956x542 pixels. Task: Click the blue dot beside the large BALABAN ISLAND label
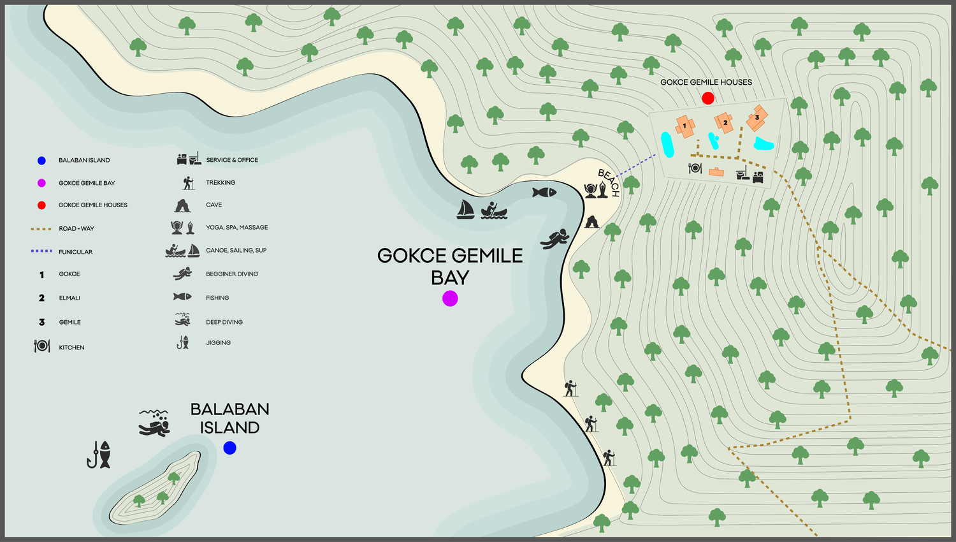tap(230, 448)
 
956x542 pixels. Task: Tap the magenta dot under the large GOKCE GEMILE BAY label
tap(450, 298)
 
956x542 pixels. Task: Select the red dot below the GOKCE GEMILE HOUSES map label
tap(707, 98)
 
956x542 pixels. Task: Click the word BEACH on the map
tap(609, 182)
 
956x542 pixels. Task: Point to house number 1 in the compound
tap(684, 126)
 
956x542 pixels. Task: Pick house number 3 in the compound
tap(757, 117)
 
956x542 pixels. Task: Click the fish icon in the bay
tap(544, 192)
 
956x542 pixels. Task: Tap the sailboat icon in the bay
tap(465, 209)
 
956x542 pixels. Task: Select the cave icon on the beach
tap(592, 222)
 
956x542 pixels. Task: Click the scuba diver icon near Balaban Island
tap(155, 423)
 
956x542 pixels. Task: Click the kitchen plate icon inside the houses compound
tap(695, 168)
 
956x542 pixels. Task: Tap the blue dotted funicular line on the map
tap(636, 165)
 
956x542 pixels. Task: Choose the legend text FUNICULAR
tap(76, 252)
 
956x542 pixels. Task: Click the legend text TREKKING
tap(221, 183)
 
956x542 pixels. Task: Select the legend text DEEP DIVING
tap(224, 322)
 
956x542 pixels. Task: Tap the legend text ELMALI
tap(69, 298)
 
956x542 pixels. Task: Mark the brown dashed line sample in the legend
tap(41, 228)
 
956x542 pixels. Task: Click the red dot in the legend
tap(41, 205)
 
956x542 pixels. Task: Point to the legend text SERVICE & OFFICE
tap(232, 160)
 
